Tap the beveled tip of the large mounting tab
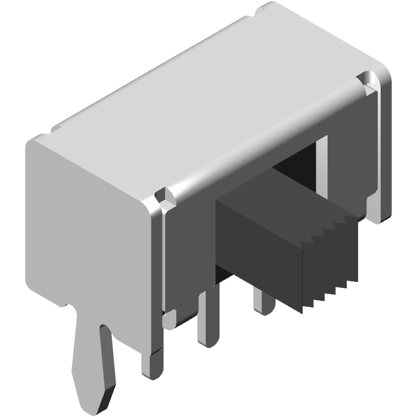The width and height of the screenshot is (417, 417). [x=95, y=400]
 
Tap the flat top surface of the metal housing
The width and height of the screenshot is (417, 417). [x=208, y=101]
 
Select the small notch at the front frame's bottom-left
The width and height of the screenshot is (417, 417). [x=170, y=319]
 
